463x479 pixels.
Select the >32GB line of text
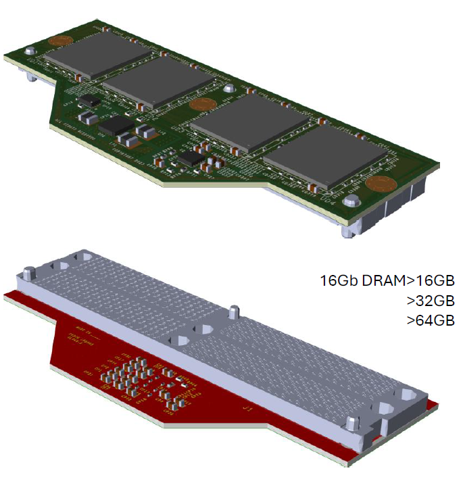(x=431, y=300)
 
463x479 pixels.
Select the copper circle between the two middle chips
(x=201, y=104)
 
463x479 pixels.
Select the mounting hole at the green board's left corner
(x=30, y=51)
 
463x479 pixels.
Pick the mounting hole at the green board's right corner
(x=350, y=201)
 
